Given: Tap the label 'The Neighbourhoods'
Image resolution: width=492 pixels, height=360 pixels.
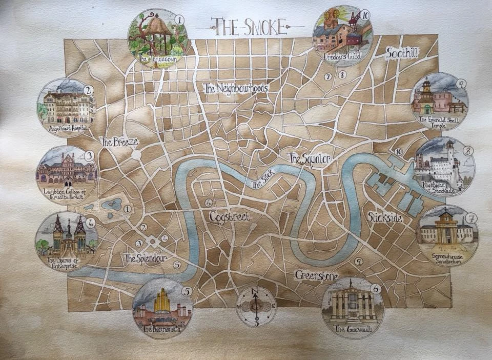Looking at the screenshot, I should point(235,88).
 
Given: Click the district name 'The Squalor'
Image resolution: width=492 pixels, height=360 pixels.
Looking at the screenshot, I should point(310,158).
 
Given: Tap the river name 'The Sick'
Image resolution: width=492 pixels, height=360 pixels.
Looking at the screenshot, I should point(264,179).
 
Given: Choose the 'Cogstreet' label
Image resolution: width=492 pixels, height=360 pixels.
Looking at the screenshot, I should point(230,217).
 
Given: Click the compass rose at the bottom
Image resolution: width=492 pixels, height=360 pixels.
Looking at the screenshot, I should point(256,306).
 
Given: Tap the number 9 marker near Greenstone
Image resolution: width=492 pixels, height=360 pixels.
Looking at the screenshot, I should point(359,261).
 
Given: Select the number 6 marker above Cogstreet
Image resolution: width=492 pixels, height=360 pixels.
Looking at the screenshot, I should point(208,203).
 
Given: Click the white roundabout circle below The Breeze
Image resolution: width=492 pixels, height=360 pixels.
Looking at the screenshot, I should point(136,154).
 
